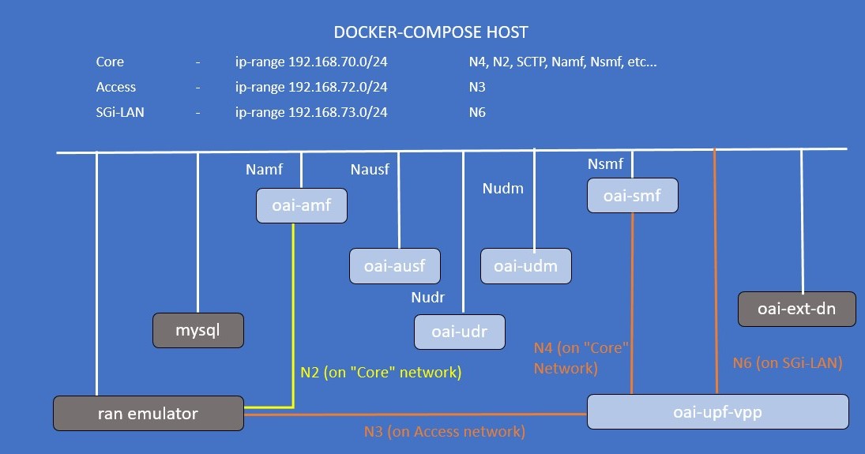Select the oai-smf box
pyautogui.click(x=632, y=197)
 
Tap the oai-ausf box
pyautogui.click(x=395, y=266)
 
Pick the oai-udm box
pyautogui.click(x=525, y=266)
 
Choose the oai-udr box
pyautogui.click(x=459, y=332)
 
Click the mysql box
pyautogui.click(x=198, y=331)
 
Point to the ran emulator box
pyautogui.click(x=148, y=413)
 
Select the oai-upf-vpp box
pyautogui.click(x=717, y=411)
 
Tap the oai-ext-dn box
pyautogui.click(x=796, y=309)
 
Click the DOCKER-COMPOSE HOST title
pyautogui.click(x=431, y=32)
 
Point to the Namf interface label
pyautogui.click(x=264, y=169)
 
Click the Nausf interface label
pyautogui.click(x=370, y=169)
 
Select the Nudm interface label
pyautogui.click(x=503, y=189)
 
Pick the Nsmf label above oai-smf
pyautogui.click(x=606, y=164)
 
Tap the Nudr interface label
pyautogui.click(x=428, y=298)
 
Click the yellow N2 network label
pyautogui.click(x=380, y=372)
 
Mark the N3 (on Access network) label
pyautogui.click(x=444, y=432)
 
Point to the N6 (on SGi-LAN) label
pyautogui.click(x=788, y=363)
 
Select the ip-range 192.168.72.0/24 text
pyautogui.click(x=311, y=87)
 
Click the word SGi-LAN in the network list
pyautogui.click(x=120, y=112)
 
